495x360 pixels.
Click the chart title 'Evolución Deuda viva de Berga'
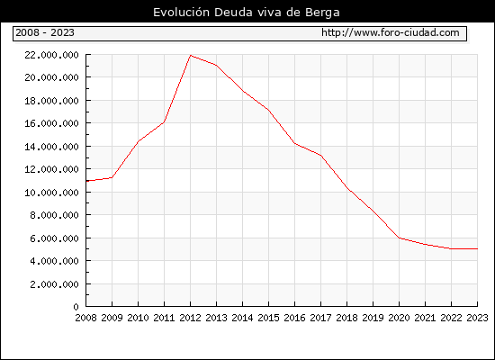tap(247, 13)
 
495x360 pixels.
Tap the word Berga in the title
tap(322, 13)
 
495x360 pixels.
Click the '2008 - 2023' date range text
tap(45, 32)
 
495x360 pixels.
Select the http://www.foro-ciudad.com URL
tap(391, 32)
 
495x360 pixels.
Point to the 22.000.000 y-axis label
tap(51, 55)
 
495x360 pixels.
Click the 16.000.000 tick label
tap(51, 123)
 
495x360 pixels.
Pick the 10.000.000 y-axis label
tap(51, 193)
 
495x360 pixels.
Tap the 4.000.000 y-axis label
tap(54, 261)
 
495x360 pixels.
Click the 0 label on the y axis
tap(76, 307)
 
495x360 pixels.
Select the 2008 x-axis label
tap(85, 318)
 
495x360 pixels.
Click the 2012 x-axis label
tap(191, 318)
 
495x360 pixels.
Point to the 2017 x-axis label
tap(320, 318)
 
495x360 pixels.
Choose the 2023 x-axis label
tap(477, 318)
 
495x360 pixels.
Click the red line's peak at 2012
tap(191, 56)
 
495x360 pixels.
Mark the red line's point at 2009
tap(112, 177)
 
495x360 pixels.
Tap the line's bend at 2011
tap(164, 121)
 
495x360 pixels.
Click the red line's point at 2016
tap(294, 143)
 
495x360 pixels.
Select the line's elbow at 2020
tap(399, 238)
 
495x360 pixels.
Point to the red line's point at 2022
tap(451, 248)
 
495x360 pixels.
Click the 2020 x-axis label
tap(399, 318)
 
